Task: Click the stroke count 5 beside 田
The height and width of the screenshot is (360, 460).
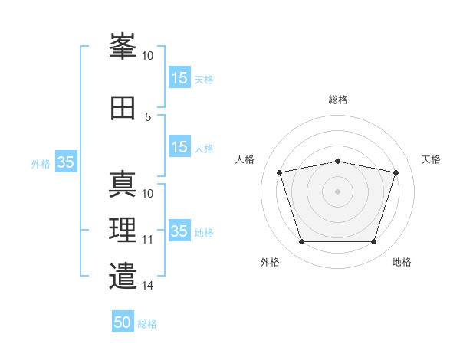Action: click(148, 117)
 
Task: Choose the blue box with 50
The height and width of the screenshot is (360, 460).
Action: click(123, 322)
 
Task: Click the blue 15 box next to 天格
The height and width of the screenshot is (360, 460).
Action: click(179, 78)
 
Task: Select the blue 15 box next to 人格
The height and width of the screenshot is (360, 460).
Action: click(179, 147)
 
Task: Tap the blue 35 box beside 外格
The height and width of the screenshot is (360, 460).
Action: click(66, 162)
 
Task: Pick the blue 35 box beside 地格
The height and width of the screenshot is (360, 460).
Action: click(179, 231)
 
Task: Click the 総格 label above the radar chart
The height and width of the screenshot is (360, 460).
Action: click(338, 100)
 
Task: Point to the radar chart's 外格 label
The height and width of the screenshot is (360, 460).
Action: click(270, 262)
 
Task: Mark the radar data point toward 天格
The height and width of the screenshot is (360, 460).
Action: click(396, 172)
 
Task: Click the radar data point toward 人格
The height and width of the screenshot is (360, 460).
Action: click(280, 172)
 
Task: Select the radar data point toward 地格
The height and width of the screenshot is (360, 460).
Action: click(373, 242)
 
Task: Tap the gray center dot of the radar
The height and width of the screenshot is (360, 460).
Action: click(338, 191)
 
